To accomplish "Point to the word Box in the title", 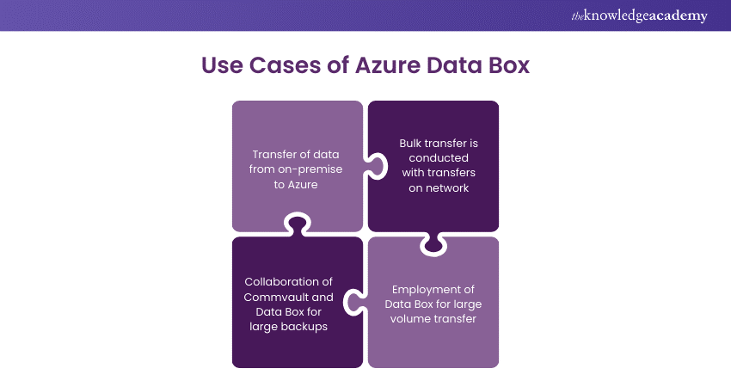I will point(508,65).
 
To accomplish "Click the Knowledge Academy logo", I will point(639,15).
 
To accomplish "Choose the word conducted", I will point(433,158).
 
